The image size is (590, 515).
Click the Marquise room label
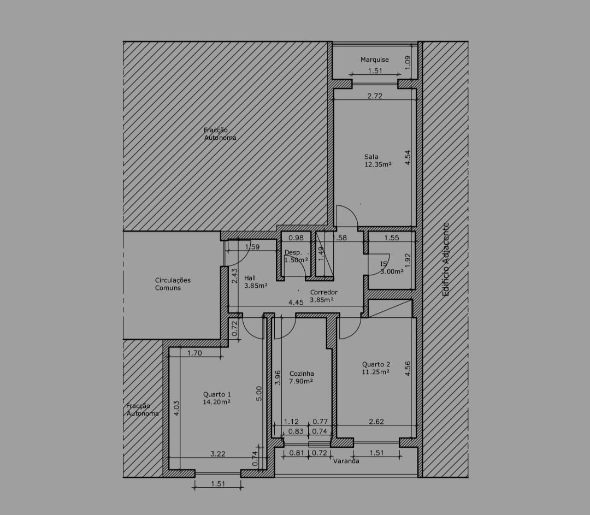click(x=374, y=60)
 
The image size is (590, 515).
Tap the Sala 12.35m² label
click(x=378, y=161)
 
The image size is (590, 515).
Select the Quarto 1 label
click(x=217, y=394)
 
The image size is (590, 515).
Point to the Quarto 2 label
click(x=376, y=364)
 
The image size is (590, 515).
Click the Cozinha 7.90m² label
click(x=302, y=377)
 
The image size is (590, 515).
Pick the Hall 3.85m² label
click(x=256, y=282)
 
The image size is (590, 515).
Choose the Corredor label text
click(x=323, y=292)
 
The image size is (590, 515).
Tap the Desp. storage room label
click(x=293, y=252)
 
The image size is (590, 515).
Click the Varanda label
click(x=346, y=461)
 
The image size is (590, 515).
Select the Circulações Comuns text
click(x=173, y=284)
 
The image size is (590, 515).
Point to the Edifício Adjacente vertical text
click(x=446, y=259)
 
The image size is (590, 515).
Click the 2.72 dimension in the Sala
click(x=375, y=96)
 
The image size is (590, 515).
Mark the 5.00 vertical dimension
click(x=259, y=394)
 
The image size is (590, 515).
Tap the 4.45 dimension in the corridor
click(x=296, y=302)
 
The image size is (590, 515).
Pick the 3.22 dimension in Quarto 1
click(x=218, y=454)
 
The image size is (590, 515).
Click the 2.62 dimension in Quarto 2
click(x=376, y=421)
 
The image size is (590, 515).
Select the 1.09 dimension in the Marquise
click(x=408, y=62)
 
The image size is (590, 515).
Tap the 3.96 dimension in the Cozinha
click(x=278, y=378)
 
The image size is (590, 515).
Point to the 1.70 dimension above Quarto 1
click(x=194, y=353)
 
